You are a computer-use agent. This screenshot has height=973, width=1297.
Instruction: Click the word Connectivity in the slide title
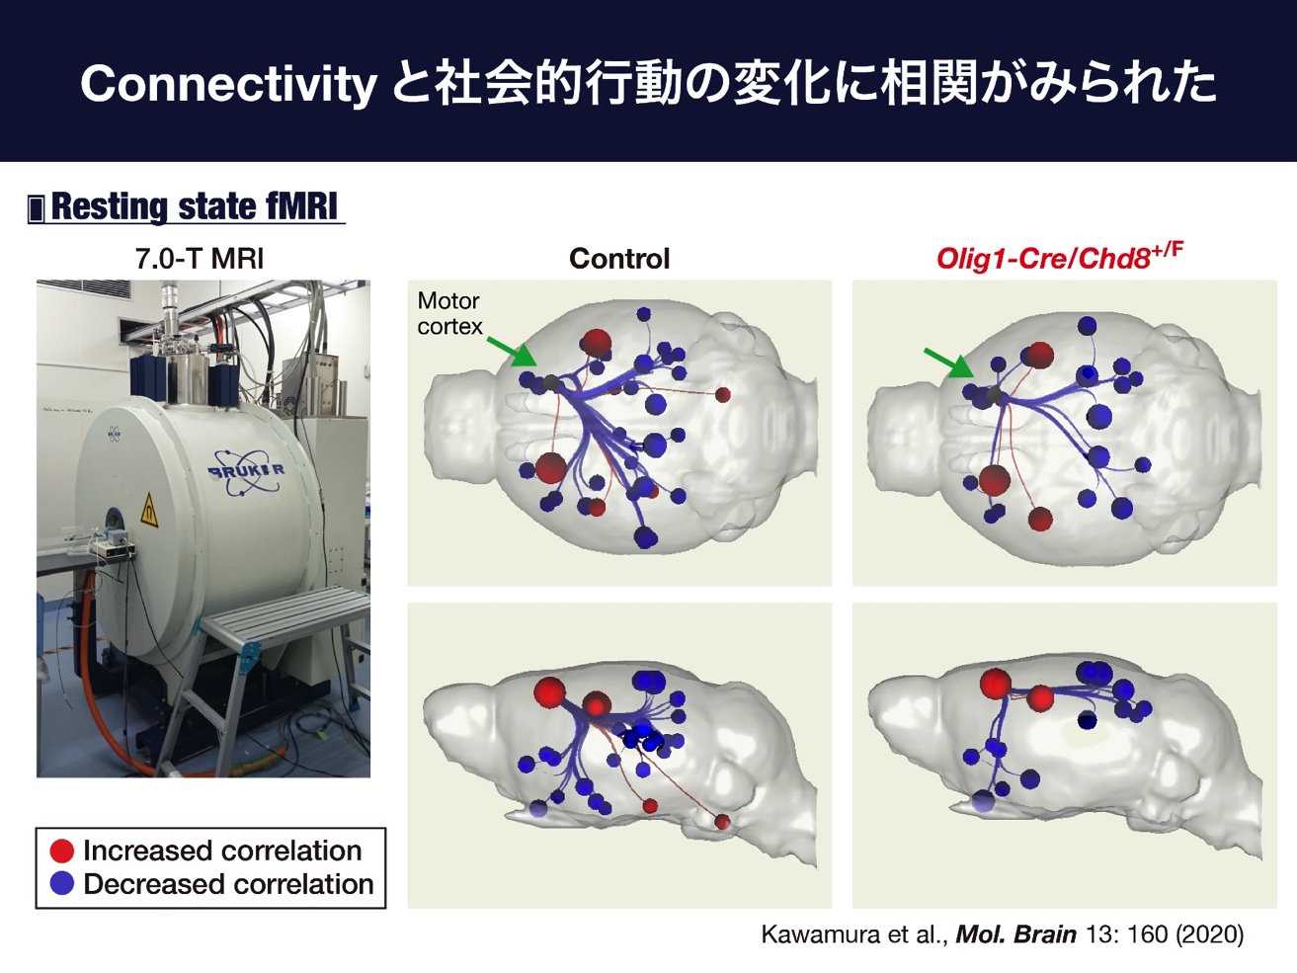click(228, 85)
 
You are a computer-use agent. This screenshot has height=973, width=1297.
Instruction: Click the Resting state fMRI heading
click(195, 206)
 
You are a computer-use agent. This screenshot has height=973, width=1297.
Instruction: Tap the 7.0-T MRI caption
click(200, 259)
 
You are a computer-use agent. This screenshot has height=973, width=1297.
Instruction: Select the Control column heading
click(619, 259)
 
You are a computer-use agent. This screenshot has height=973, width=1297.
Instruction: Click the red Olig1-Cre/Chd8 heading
click(1060, 257)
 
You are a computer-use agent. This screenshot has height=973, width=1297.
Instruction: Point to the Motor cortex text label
click(449, 314)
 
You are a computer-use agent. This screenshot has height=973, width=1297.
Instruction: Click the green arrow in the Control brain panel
click(511, 352)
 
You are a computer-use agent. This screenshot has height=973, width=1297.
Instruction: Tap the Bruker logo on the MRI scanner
click(246, 472)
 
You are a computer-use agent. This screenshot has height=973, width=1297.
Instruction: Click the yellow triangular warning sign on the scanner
click(149, 511)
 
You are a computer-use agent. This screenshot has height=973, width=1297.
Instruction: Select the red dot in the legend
click(61, 851)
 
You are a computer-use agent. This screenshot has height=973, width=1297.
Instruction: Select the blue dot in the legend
click(61, 884)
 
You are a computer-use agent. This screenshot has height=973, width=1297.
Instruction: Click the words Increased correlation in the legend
click(222, 851)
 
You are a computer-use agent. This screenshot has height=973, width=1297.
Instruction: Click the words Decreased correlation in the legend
click(228, 884)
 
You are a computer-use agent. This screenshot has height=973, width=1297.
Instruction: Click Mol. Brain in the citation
click(1015, 934)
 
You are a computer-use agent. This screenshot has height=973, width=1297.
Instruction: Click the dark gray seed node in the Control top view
click(552, 383)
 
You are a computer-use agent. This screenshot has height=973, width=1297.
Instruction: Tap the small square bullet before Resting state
click(36, 209)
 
